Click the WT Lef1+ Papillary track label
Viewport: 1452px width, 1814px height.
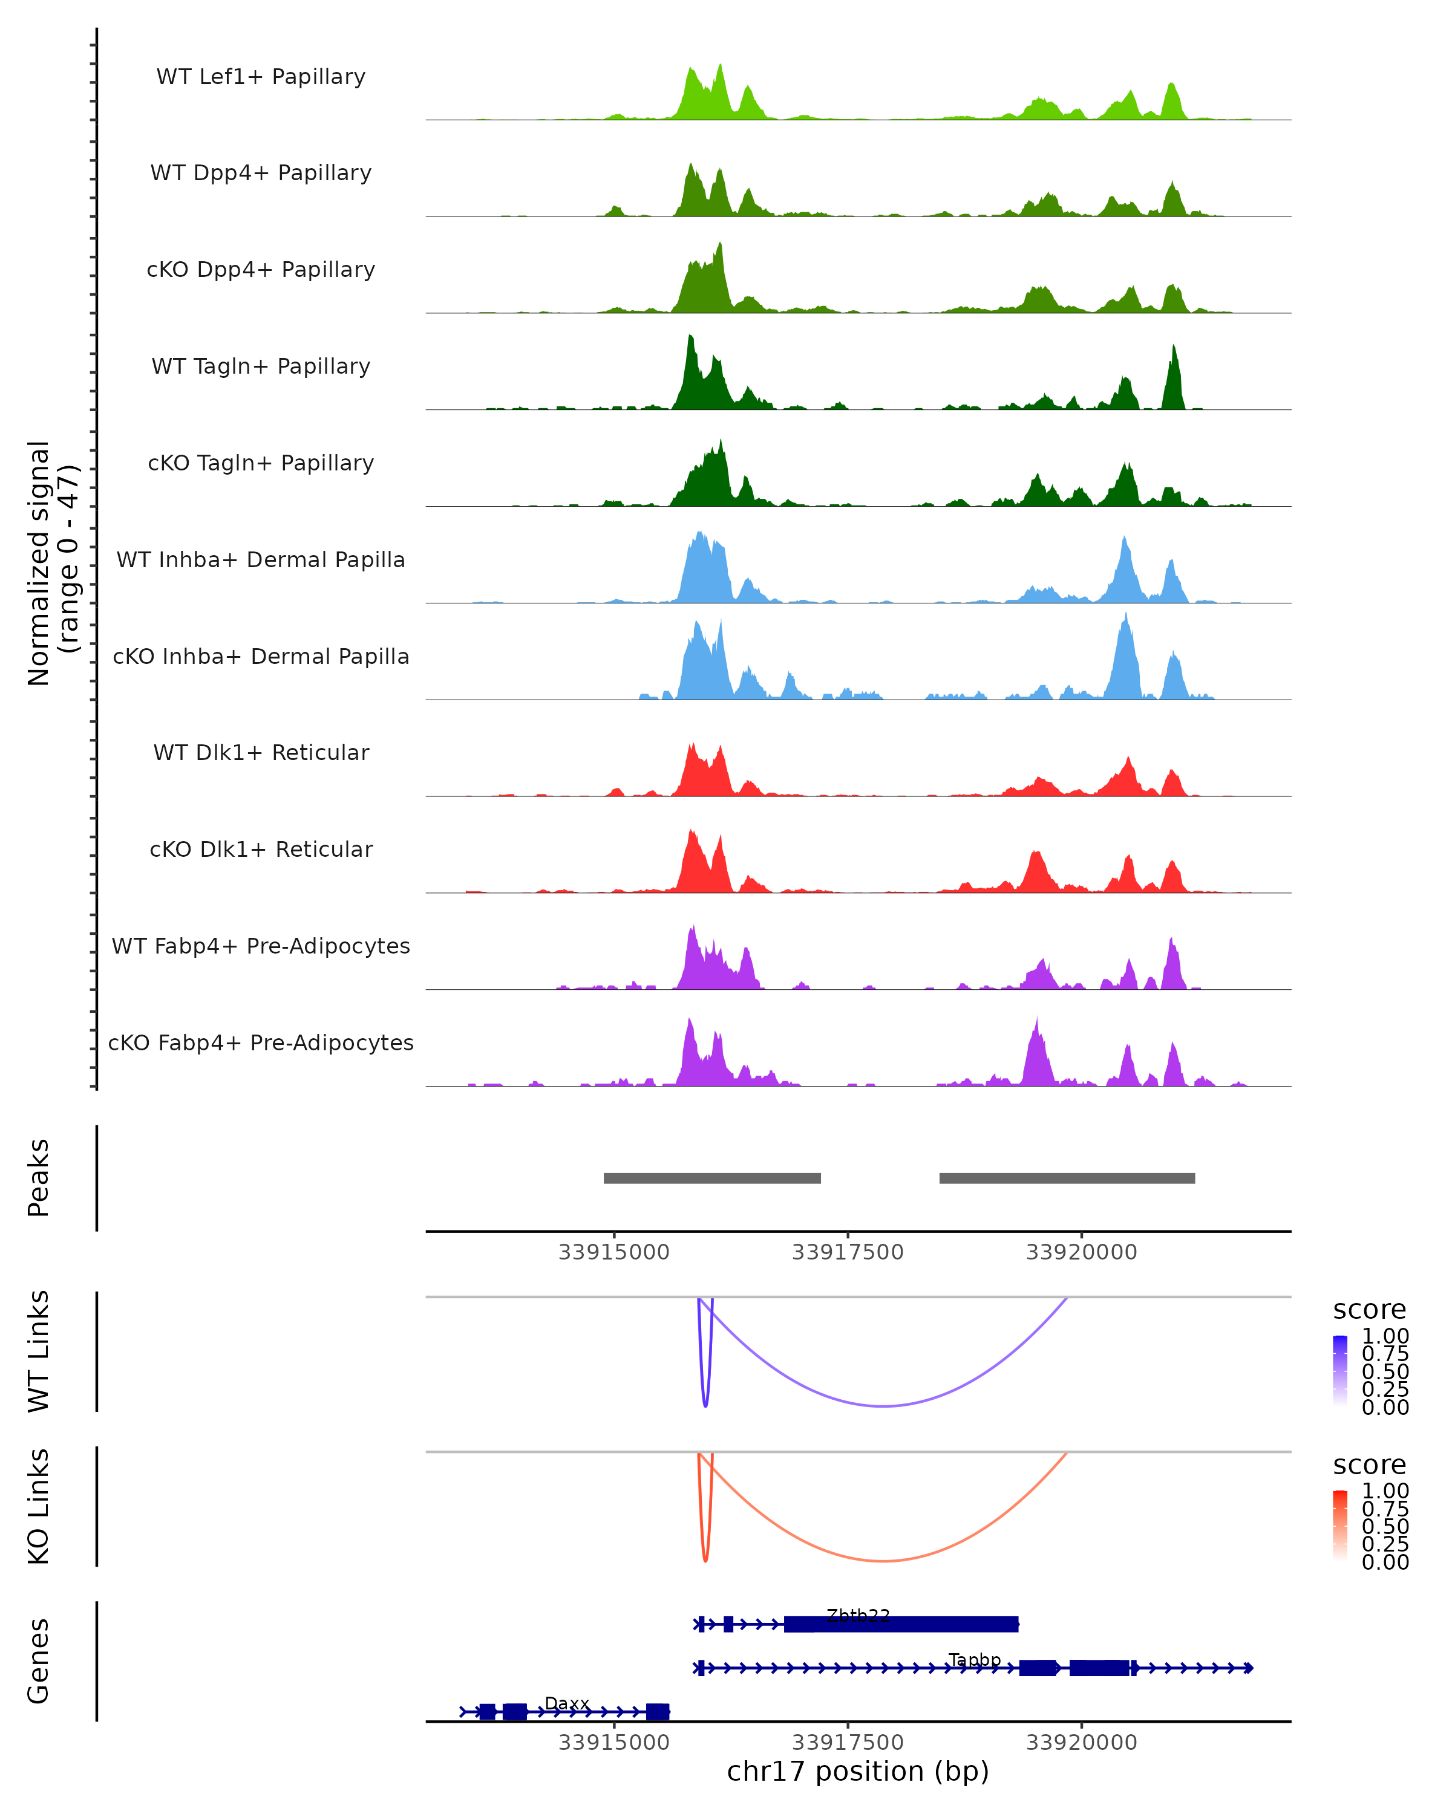tap(261, 77)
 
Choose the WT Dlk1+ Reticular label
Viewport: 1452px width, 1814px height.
tap(261, 752)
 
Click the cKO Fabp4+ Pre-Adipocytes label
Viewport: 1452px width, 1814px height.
tap(261, 1042)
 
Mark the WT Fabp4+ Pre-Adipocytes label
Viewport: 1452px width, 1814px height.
tap(261, 946)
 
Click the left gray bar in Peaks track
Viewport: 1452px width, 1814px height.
tap(712, 1178)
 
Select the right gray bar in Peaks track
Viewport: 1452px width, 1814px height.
tap(1067, 1178)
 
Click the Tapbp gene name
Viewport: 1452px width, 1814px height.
tap(975, 1659)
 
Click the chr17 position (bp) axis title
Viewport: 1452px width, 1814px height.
tap(858, 1772)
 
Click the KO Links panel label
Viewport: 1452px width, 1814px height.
tap(39, 1506)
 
